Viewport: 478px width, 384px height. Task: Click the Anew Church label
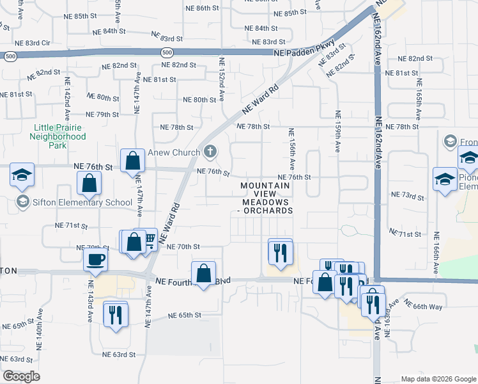click(174, 153)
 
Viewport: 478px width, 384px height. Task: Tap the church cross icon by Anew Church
click(210, 152)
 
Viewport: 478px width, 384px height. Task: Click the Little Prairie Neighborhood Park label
click(59, 136)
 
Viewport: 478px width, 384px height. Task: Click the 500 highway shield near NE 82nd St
click(167, 52)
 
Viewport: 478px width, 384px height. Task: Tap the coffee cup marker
click(96, 259)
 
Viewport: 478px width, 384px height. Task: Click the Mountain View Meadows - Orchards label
click(265, 198)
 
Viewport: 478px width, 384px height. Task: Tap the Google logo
click(22, 376)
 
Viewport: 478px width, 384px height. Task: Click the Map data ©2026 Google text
click(438, 379)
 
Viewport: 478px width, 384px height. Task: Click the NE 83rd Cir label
click(32, 43)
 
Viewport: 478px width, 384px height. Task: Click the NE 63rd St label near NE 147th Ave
click(119, 354)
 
